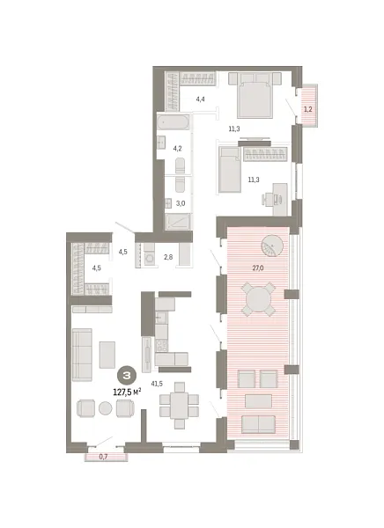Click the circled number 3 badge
click(128, 376)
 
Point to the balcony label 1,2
click(307, 109)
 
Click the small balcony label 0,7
click(103, 456)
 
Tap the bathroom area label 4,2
click(177, 149)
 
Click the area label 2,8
click(168, 257)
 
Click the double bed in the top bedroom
click(255, 92)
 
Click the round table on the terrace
click(259, 299)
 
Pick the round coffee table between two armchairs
click(105, 407)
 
